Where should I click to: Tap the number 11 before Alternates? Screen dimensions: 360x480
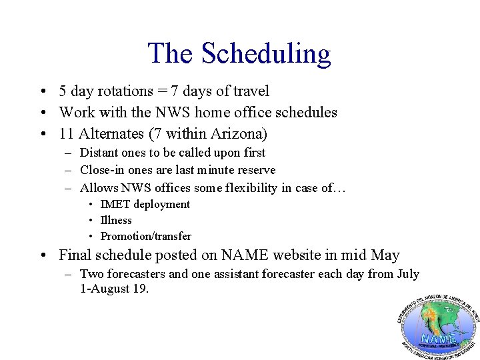coord(66,133)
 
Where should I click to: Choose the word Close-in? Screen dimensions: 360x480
coord(104,170)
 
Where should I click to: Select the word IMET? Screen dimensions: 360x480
coord(115,204)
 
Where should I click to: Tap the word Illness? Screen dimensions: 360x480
coord(116,220)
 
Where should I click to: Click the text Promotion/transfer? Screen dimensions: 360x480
coord(145,236)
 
